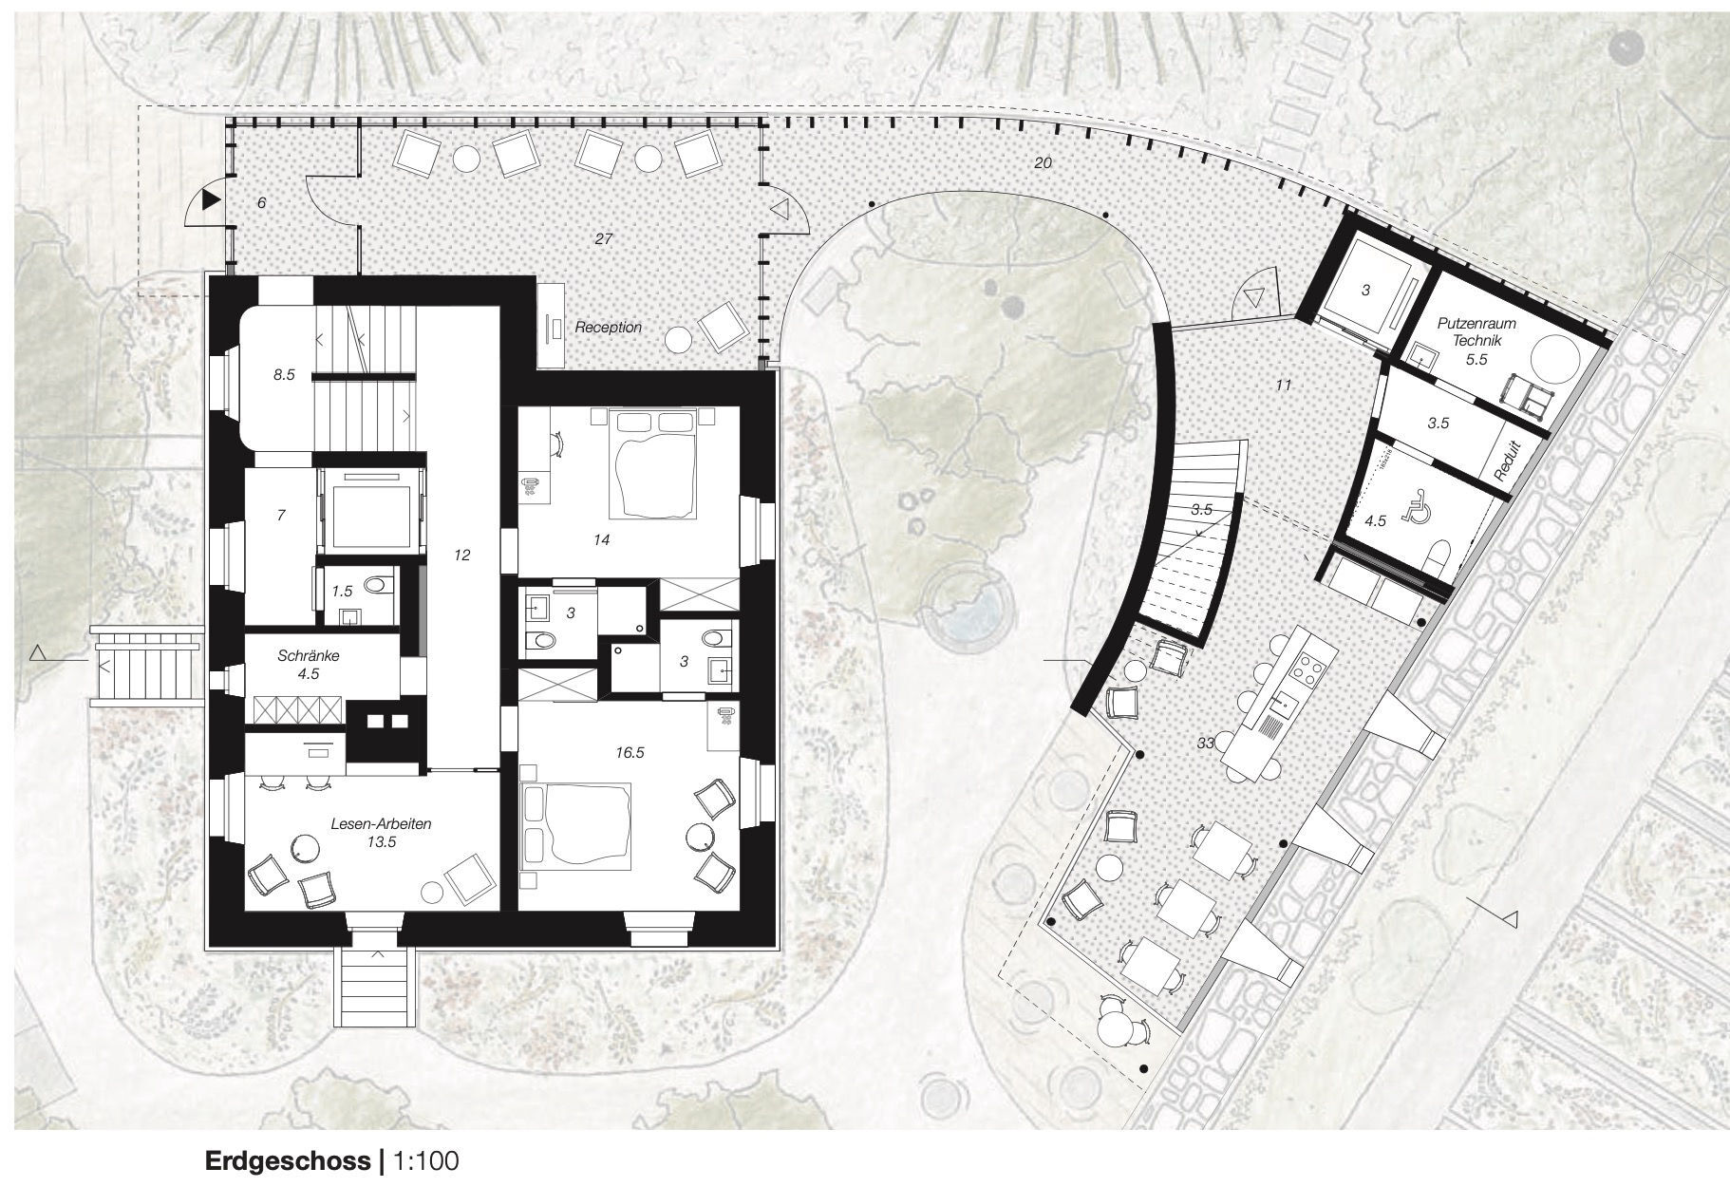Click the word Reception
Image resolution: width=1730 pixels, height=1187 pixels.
[x=609, y=328]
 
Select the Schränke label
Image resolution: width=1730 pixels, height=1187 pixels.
[x=309, y=655]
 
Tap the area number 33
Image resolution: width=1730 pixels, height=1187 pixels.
[x=1205, y=744]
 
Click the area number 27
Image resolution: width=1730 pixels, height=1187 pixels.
[x=603, y=238]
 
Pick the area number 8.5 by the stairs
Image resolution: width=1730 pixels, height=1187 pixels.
[x=284, y=375]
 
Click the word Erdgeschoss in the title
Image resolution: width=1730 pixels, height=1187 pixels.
[x=288, y=1160]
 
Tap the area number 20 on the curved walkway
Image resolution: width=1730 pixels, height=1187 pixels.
[x=1043, y=163]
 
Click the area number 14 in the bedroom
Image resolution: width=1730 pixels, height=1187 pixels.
[x=600, y=540]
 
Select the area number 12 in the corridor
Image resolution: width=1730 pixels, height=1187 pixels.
[x=462, y=555]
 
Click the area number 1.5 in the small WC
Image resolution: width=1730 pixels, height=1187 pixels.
[x=342, y=591]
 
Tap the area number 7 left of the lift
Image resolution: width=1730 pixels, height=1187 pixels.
[x=280, y=516]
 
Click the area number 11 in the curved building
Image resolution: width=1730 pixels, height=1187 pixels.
[x=1284, y=386]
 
